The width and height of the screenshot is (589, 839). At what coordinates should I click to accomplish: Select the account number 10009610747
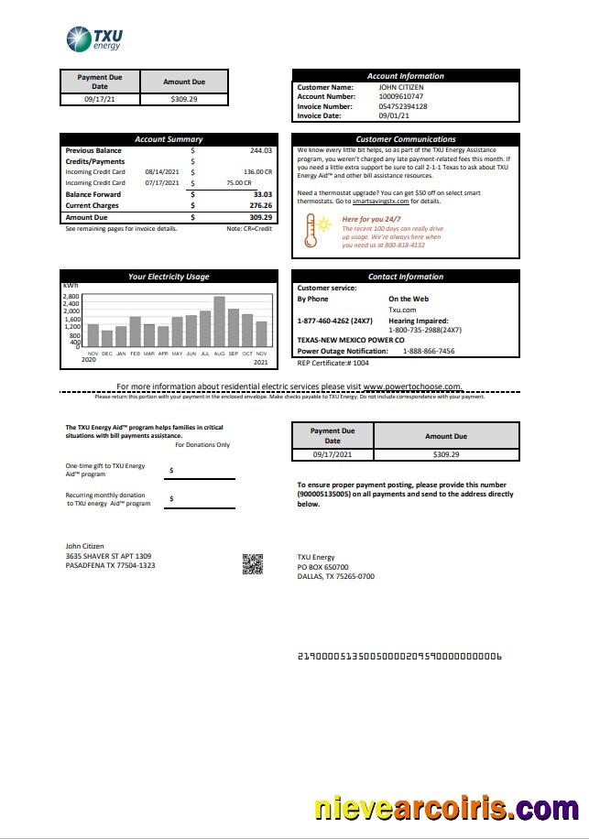(x=400, y=96)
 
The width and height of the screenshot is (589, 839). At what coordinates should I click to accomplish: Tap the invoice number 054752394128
(x=402, y=106)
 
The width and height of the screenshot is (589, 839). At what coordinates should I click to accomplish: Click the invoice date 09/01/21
(x=394, y=116)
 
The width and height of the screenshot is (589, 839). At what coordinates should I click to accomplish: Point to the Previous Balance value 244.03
(x=260, y=150)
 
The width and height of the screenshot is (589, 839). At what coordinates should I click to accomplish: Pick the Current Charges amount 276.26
(x=260, y=205)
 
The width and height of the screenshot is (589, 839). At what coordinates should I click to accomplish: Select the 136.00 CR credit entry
(x=257, y=171)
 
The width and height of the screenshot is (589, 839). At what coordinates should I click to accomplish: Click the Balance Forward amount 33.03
(x=262, y=194)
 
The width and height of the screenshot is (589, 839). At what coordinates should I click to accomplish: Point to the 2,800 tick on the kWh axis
(x=71, y=297)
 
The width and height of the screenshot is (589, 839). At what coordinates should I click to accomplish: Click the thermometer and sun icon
(x=321, y=230)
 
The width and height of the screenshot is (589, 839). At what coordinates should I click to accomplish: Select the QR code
(x=253, y=564)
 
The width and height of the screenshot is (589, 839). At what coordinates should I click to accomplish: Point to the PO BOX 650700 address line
(x=322, y=567)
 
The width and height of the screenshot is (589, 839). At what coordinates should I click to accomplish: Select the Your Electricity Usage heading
(x=169, y=276)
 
